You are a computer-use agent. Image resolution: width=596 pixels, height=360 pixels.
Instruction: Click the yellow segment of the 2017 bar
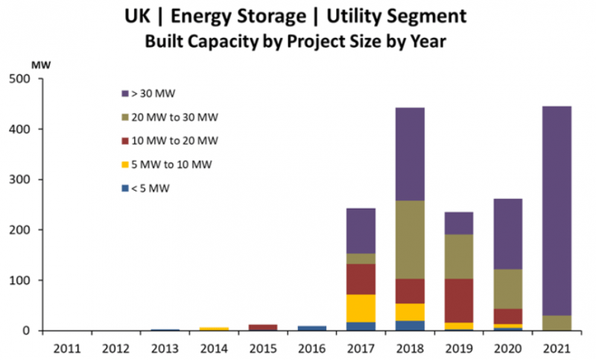tap(361, 308)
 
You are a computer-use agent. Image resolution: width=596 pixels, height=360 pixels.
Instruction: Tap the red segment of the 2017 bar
tap(361, 279)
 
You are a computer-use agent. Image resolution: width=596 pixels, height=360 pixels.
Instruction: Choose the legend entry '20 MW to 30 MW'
tap(167, 117)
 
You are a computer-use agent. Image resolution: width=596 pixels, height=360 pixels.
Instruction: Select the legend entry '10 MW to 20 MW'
tap(167, 141)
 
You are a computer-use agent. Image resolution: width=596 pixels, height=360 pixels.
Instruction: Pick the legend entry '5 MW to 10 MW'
tap(164, 165)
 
